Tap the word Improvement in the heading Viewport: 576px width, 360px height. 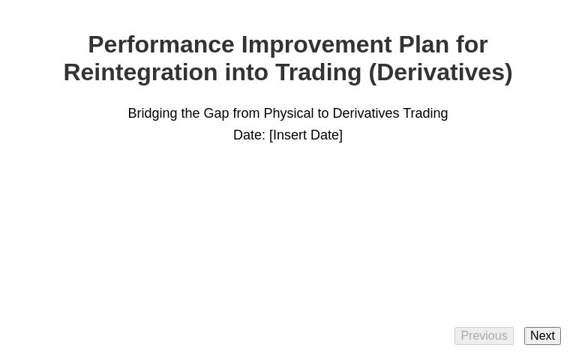pos(316,45)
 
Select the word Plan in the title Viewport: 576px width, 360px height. pos(423,45)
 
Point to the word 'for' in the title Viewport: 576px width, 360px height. pos(471,45)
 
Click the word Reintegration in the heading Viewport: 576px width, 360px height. pos(140,73)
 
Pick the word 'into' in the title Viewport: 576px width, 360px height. pos(246,73)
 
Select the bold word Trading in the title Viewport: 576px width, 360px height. pos(318,73)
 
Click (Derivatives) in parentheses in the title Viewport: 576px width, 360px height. pos(440,73)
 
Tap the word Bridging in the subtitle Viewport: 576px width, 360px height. pos(152,113)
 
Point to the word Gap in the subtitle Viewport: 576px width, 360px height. pos(216,113)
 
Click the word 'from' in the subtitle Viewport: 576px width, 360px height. pos(246,113)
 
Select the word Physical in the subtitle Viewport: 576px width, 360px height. pos(289,113)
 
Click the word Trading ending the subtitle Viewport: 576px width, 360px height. pos(425,113)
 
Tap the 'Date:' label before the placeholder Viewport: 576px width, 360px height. pos(249,135)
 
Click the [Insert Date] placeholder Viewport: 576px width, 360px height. pos(306,135)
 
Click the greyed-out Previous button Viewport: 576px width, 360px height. pos(484,336)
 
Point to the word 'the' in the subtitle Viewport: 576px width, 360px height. pos(190,113)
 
